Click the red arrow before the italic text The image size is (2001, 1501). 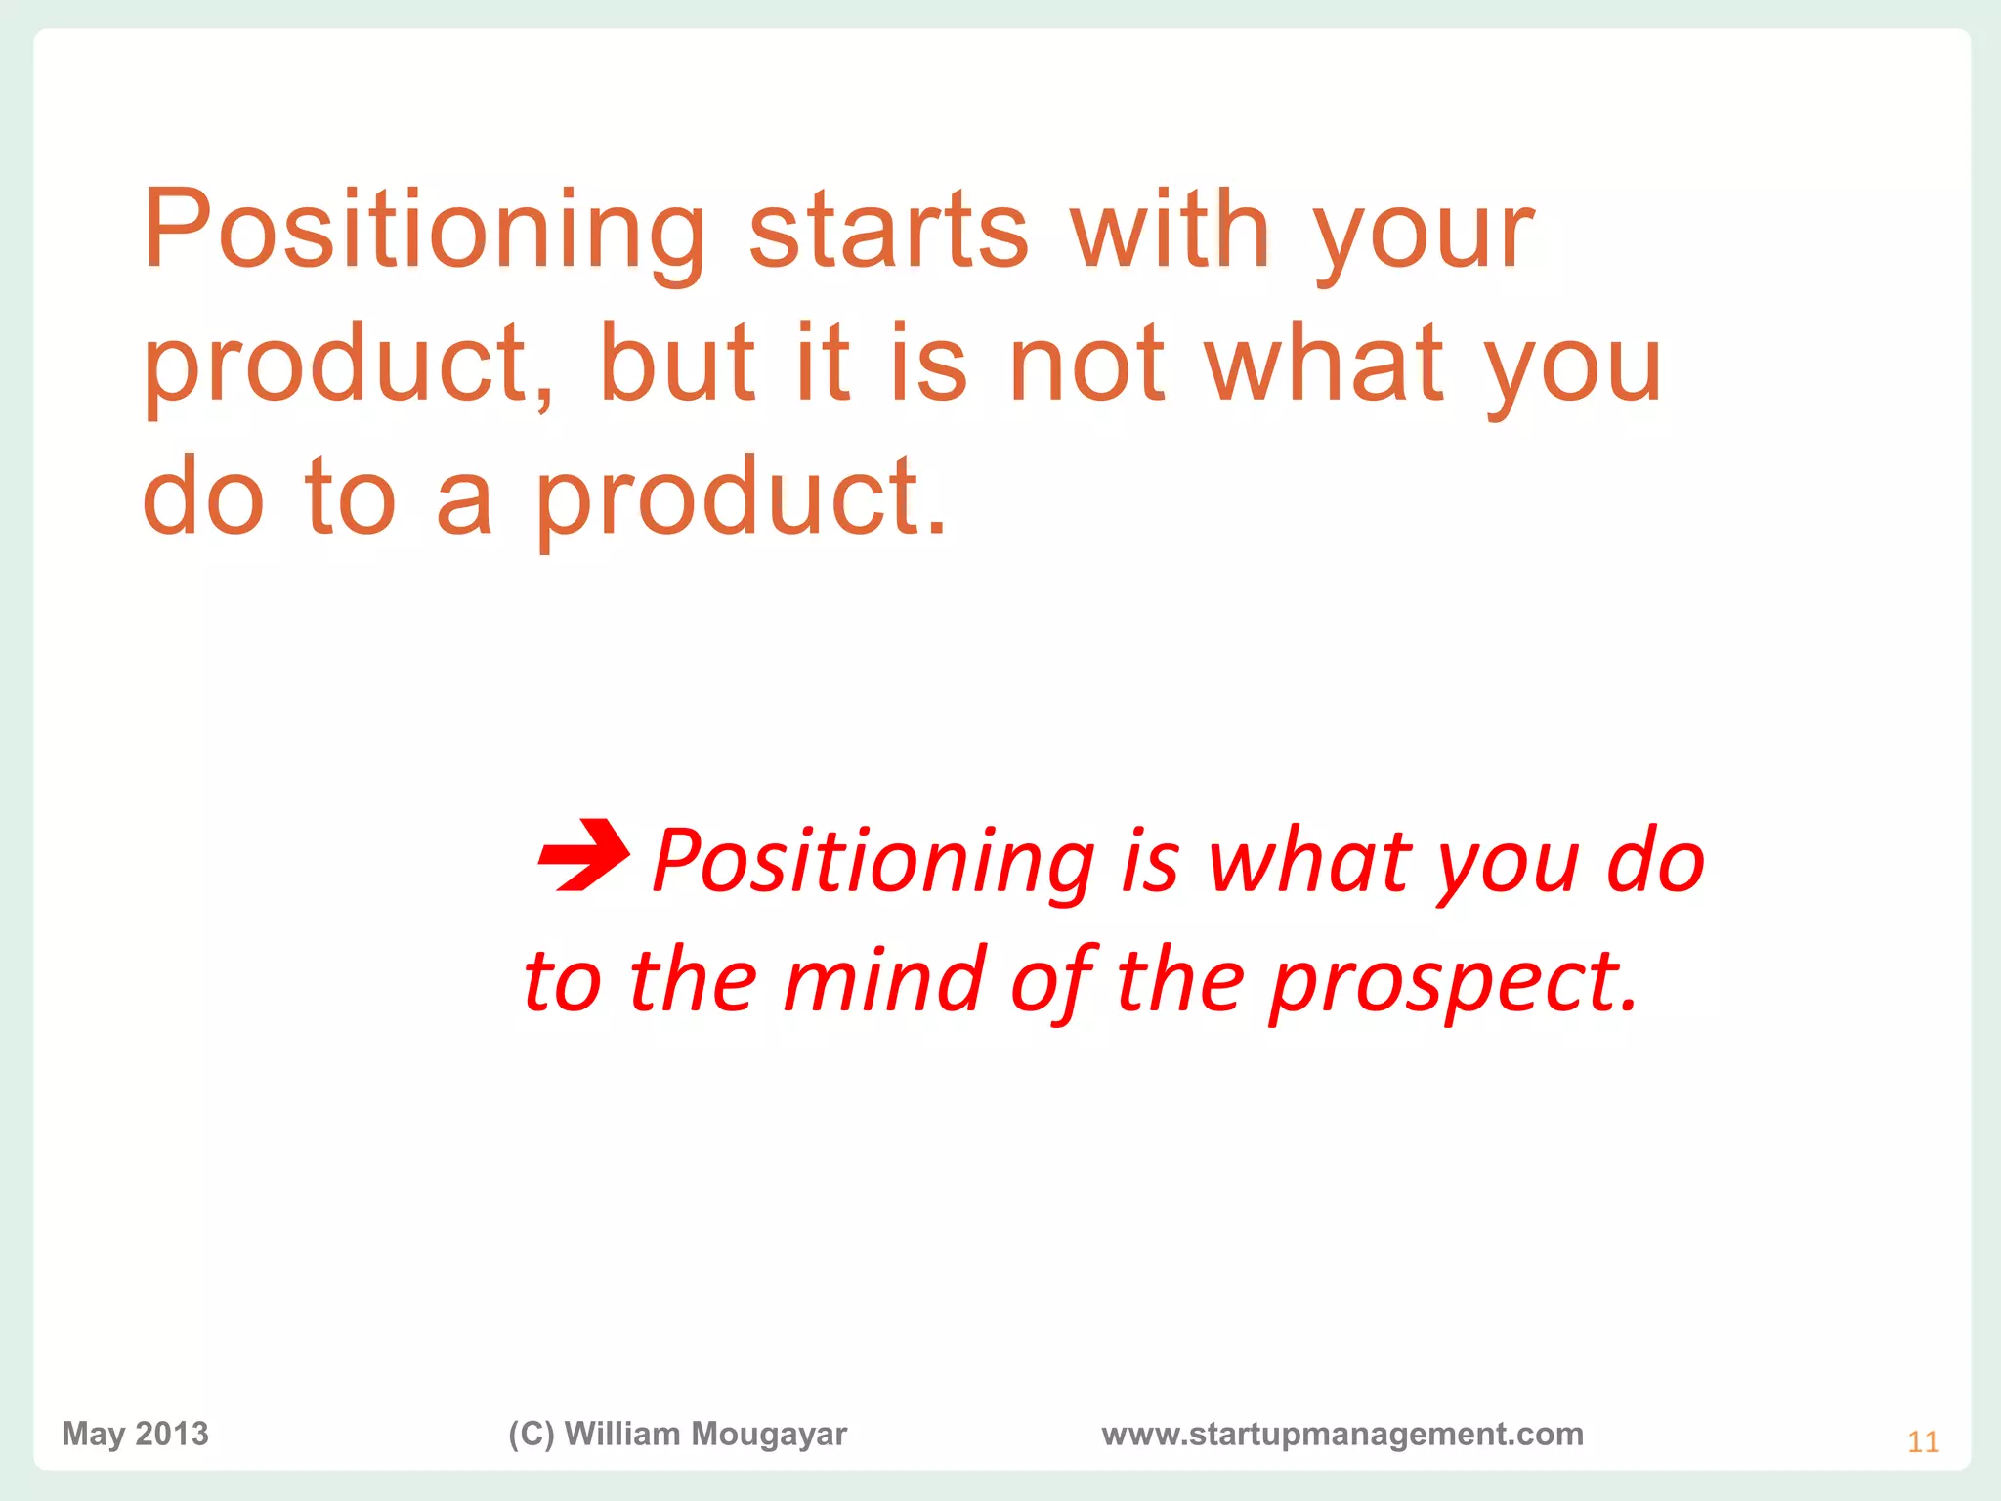[x=584, y=856]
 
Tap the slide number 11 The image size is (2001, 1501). [x=1923, y=1442]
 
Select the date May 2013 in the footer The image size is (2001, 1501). [x=135, y=1434]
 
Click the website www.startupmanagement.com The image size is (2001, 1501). [x=1342, y=1434]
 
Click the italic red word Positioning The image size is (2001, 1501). [x=873, y=862]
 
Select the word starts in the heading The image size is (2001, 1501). [x=888, y=231]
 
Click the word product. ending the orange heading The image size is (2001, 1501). [x=741, y=497]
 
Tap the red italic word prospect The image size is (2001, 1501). [x=1453, y=983]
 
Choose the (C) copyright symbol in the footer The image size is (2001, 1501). [x=532, y=1434]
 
